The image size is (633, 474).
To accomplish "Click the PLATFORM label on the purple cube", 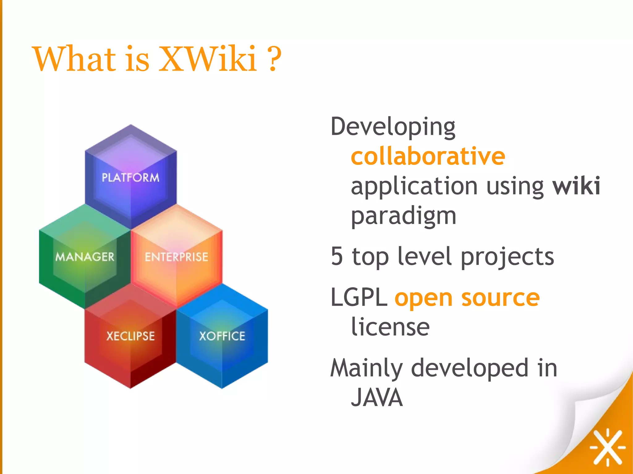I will coord(130,178).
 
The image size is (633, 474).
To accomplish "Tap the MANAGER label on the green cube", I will coord(85,257).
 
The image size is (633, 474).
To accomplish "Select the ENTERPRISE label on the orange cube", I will coord(176,257).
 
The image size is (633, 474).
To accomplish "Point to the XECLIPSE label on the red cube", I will coord(130,336).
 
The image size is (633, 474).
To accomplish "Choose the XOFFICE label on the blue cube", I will coord(222,336).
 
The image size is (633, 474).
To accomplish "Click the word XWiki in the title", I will coord(208,59).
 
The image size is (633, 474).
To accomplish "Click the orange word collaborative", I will coord(428,157).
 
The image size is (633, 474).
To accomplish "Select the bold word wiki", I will coord(576,186).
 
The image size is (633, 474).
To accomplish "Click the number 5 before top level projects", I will coord(337,256).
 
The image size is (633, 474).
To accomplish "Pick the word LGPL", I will coord(359,297).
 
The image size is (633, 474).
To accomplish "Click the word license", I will coord(390,327).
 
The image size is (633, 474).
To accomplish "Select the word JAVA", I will coord(377,397).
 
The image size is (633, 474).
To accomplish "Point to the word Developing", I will coord(393,128).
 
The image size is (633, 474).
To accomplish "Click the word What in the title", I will coord(74,59).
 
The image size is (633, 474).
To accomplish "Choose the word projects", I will coord(507,257).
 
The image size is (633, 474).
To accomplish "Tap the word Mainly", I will coord(367,368).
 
